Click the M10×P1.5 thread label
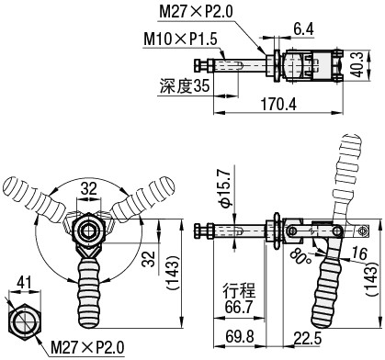pyautogui.click(x=180, y=39)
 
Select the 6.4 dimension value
pyautogui.click(x=303, y=29)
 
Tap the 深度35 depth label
pyautogui.click(x=185, y=85)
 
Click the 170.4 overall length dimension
pyautogui.click(x=278, y=104)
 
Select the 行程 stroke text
pyautogui.click(x=239, y=290)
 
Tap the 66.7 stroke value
pyautogui.click(x=239, y=307)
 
